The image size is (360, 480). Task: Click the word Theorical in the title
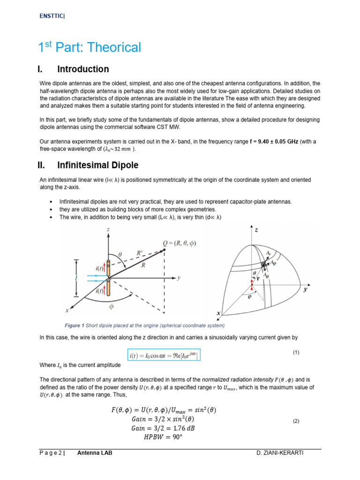(115, 47)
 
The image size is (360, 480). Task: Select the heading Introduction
(83, 69)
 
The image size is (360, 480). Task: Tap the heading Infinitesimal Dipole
(97, 165)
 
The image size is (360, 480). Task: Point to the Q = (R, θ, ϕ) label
(180, 243)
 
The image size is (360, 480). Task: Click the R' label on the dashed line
(140, 253)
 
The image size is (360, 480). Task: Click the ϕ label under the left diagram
(111, 307)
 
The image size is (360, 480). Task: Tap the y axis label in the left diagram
(179, 277)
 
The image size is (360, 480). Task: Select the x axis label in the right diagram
(218, 313)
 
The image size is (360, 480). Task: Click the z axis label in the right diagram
(256, 230)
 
